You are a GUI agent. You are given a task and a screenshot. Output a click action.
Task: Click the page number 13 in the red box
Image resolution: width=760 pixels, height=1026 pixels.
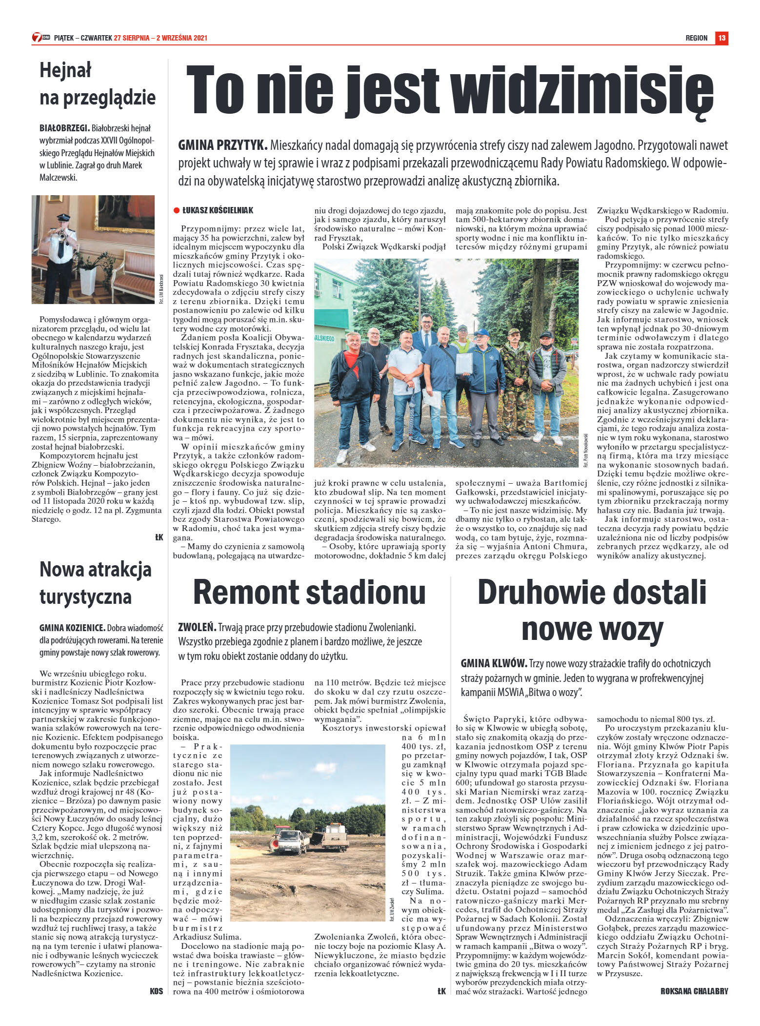721,38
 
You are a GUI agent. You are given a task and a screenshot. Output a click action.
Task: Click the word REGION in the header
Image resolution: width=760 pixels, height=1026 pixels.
696,38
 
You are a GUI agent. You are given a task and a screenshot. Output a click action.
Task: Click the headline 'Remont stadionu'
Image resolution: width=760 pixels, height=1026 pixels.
309,592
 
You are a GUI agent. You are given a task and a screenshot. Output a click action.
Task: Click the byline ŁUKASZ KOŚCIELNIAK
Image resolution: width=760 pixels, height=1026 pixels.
218,210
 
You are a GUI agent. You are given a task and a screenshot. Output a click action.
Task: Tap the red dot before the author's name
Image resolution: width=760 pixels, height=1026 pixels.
177,210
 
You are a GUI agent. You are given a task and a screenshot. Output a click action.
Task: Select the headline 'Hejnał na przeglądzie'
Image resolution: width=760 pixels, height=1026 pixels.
98,84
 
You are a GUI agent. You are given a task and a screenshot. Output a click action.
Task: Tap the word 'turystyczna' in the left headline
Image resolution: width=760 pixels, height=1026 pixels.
85,596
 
